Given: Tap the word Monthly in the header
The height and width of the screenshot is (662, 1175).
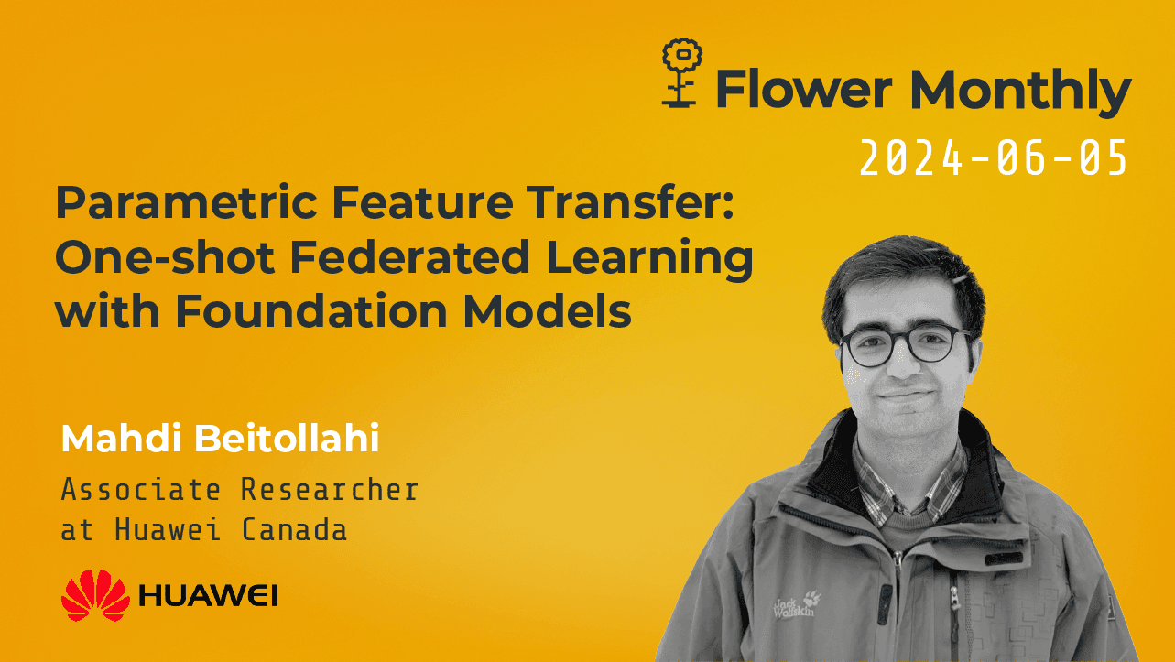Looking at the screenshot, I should click(1019, 92).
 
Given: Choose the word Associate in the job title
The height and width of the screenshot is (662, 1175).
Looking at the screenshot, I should click(140, 490).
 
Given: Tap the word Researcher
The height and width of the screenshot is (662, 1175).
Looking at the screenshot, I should click(330, 490).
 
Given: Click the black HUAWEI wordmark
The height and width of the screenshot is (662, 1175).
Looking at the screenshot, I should click(209, 595).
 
